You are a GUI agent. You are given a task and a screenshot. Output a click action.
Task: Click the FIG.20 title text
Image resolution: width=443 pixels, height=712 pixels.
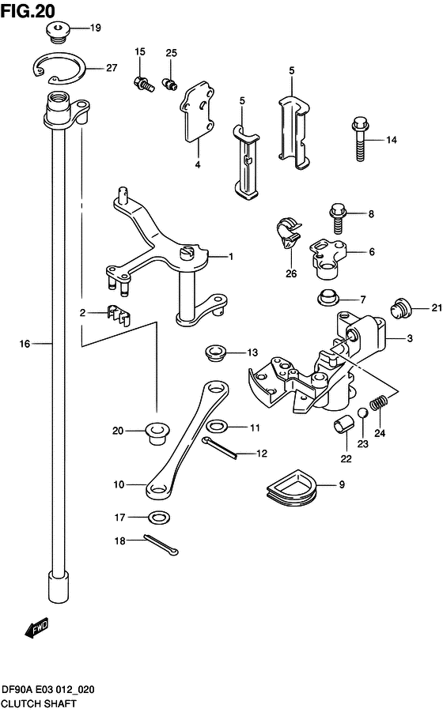pos(28,10)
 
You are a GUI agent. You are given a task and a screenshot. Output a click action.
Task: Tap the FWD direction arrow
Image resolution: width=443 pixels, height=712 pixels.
pos(36,628)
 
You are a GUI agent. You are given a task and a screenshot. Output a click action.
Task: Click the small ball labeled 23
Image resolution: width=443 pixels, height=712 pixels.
pos(362,413)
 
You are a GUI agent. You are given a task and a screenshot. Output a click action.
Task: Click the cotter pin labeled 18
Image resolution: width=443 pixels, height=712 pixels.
pos(161,544)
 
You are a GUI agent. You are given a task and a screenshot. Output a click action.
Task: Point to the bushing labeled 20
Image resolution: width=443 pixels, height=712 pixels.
pos(157,432)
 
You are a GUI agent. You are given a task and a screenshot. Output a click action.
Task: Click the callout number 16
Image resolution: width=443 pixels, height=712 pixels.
pos(25,344)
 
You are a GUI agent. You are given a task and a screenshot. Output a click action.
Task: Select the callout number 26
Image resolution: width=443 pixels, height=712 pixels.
pos(291,273)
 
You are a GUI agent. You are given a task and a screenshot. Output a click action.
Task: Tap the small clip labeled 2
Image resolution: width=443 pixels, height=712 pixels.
pos(119,315)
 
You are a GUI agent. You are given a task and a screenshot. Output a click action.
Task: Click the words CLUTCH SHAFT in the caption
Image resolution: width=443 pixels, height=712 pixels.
pos(40,703)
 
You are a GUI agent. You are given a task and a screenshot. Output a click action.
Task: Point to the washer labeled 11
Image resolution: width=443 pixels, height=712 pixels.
pos(218,426)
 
